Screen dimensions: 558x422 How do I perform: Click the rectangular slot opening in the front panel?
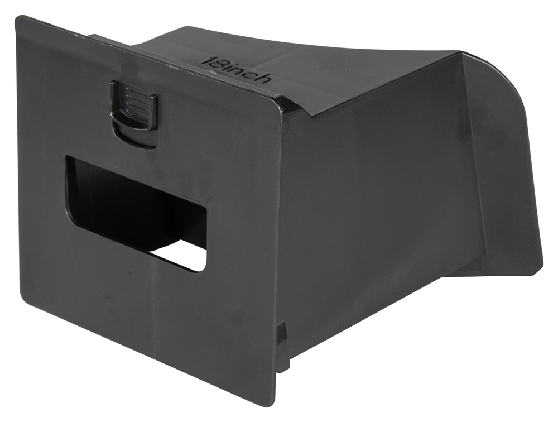(135, 214)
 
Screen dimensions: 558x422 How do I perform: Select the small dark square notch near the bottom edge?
(282, 330)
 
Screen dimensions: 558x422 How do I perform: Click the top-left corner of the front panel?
(17, 17)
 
